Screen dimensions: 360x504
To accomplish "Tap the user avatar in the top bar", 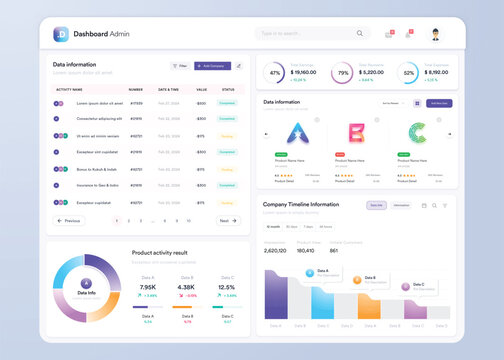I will click(436, 34).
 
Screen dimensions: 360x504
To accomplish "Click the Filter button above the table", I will click(180, 66).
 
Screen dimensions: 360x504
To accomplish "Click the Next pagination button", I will click(228, 220).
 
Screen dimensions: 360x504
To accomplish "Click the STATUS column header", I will click(227, 89).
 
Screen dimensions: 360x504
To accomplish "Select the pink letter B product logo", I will click(354, 134).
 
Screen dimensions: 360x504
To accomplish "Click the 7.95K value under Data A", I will click(148, 287).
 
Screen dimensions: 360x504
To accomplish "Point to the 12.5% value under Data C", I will click(227, 287).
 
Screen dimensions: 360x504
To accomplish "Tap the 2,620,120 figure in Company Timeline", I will click(275, 250).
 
